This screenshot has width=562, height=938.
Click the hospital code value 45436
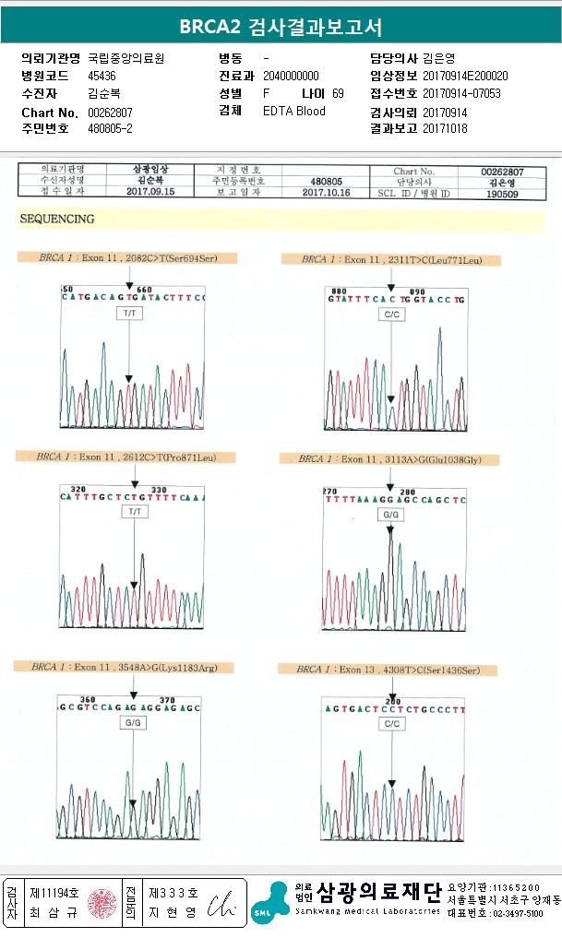[102, 76]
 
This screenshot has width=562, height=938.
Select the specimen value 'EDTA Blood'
[293, 111]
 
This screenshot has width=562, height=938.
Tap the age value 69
[338, 93]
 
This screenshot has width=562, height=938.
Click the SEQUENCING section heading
[57, 220]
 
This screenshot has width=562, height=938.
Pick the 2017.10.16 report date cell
[328, 193]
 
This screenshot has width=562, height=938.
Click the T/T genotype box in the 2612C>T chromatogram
[135, 511]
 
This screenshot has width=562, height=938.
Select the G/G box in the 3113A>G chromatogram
[390, 513]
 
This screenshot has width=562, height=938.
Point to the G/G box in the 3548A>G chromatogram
[133, 722]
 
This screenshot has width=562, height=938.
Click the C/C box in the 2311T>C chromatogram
[391, 315]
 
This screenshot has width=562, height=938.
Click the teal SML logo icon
[269, 902]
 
